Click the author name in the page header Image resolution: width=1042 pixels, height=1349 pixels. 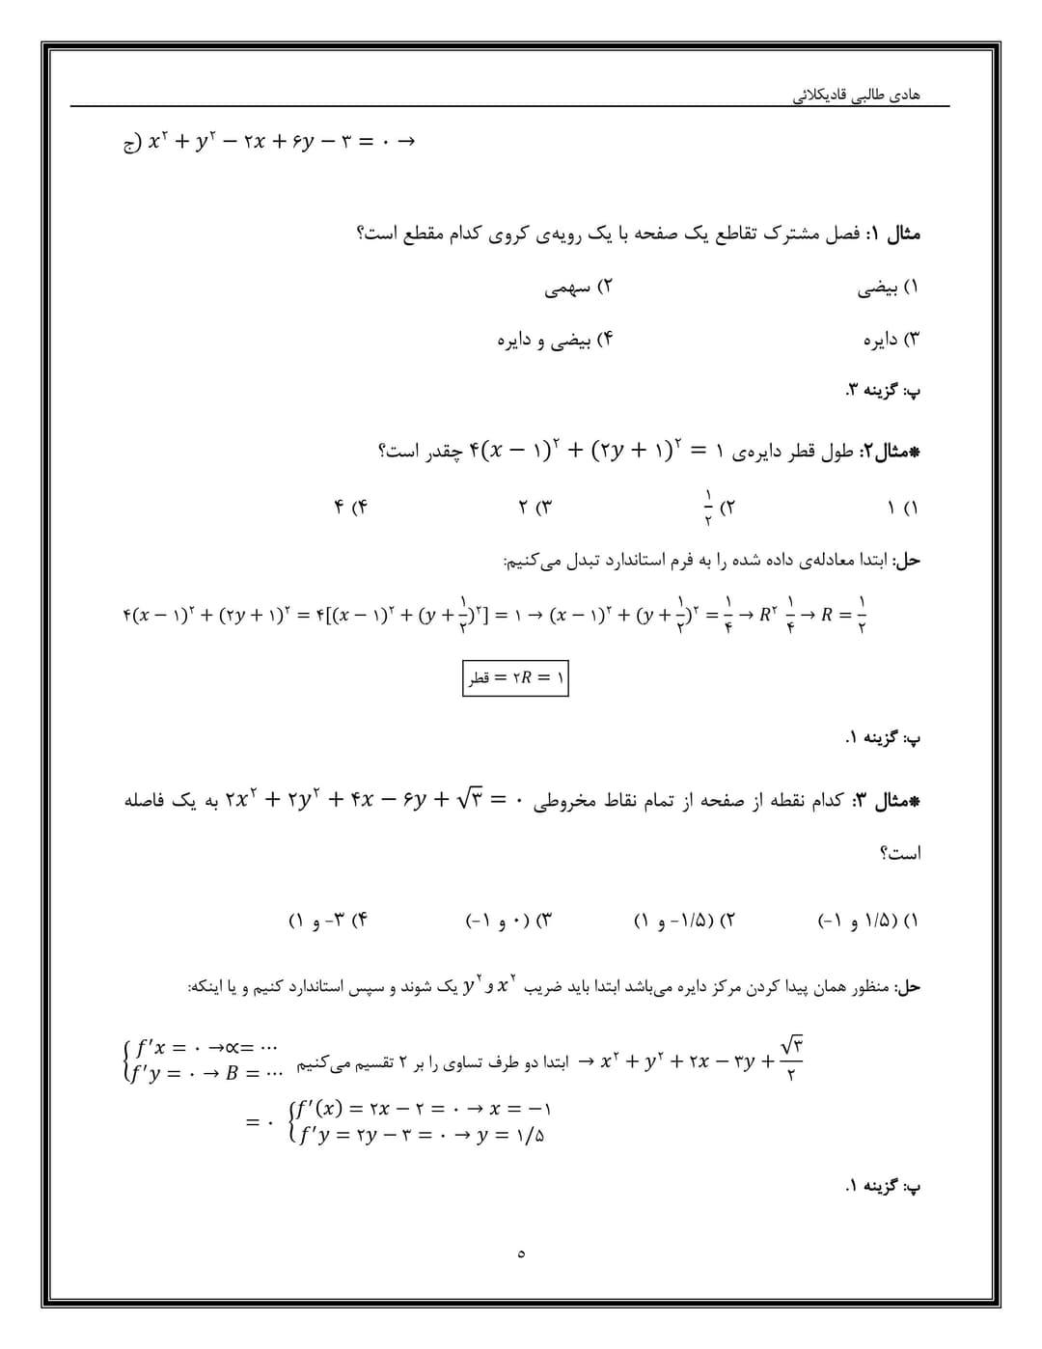857,95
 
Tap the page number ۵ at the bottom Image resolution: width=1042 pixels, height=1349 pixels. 521,1253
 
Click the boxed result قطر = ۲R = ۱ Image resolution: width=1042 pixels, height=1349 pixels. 516,677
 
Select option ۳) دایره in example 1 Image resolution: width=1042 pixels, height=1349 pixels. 891,340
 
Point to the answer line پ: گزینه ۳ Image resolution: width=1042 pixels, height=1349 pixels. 883,391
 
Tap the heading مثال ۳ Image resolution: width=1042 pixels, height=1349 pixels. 886,801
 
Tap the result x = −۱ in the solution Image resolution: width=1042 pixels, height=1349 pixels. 522,1109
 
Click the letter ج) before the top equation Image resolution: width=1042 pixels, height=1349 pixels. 130,143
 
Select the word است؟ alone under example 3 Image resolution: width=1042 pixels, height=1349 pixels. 900,852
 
